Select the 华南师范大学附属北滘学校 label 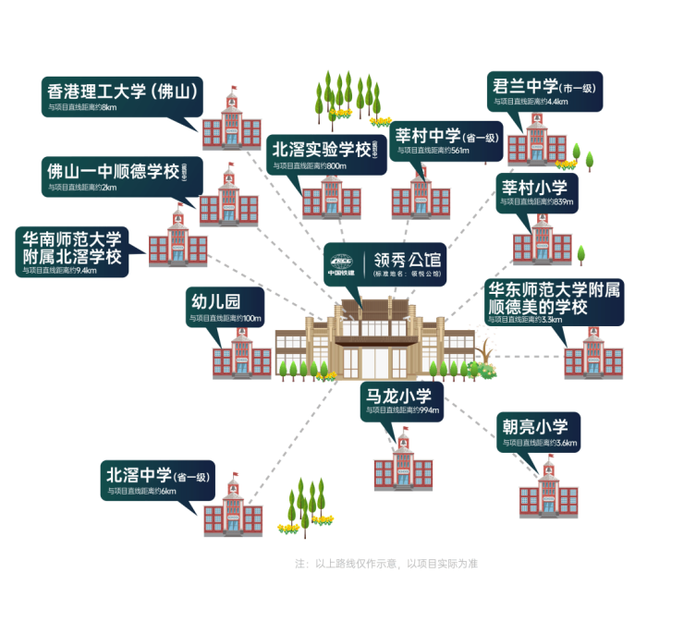click(74, 250)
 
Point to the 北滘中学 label click(157, 481)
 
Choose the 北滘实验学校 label click(324, 154)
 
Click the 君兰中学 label click(544, 91)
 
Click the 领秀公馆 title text click(407, 260)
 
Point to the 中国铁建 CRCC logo click(341, 264)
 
